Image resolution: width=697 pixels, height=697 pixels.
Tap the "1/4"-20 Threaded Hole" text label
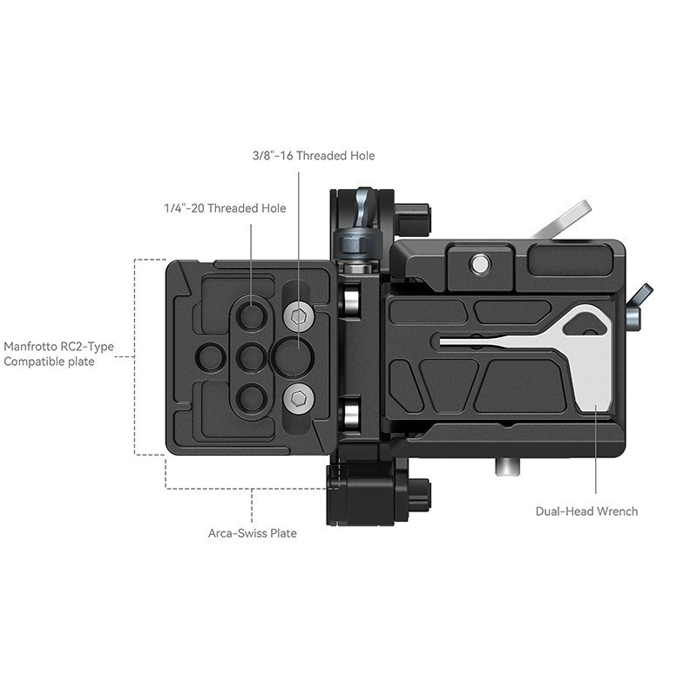click(225, 208)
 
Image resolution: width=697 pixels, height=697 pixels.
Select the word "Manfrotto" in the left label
click(34, 345)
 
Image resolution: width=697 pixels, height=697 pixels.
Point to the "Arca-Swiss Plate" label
click(253, 533)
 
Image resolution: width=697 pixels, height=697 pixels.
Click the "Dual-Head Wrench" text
click(586, 511)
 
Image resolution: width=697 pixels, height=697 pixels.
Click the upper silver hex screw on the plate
click(299, 316)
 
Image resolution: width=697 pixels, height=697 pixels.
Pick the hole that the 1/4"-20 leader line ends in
click(252, 315)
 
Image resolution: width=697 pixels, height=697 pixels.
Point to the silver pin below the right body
click(505, 468)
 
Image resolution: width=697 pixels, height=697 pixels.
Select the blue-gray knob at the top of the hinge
click(360, 238)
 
